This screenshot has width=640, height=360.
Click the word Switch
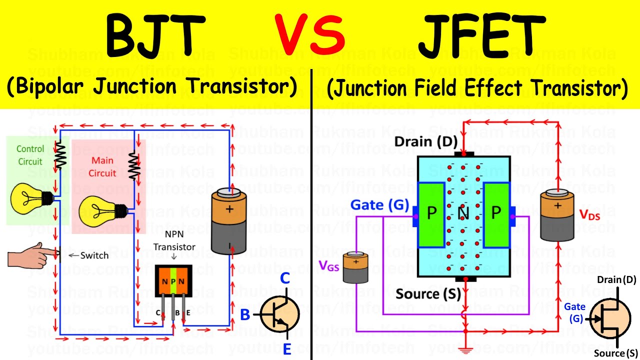coord(94,255)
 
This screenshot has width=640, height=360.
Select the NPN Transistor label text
coord(174,242)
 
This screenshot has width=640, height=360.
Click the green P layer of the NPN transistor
coord(173,280)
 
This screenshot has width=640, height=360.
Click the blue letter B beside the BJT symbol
coord(245,315)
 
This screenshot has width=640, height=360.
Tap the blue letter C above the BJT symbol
coord(284,278)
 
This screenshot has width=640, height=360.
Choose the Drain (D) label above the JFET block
coord(425,142)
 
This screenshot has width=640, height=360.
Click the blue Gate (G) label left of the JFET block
coord(379,205)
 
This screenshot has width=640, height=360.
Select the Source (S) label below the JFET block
coord(427,293)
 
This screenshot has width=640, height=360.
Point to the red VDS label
coord(589,214)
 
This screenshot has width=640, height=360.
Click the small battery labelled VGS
coord(355,266)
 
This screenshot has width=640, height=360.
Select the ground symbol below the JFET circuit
coord(465,351)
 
